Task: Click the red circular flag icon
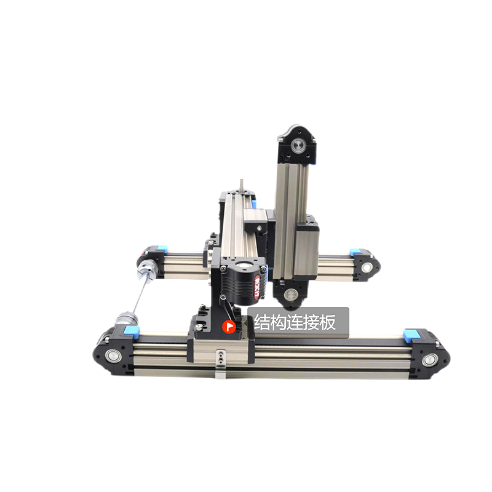229,327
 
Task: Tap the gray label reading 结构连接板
298,322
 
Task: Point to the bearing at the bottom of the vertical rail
290,295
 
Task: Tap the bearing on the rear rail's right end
366,268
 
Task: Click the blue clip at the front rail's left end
131,331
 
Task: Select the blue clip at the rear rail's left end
161,248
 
